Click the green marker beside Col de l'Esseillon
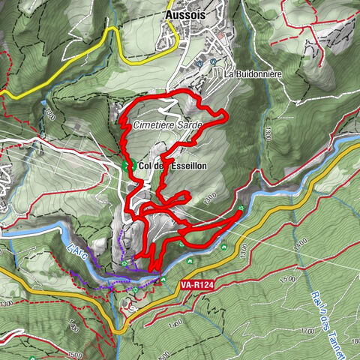pos(127,165)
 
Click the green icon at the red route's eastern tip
pos(241,209)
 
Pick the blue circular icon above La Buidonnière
pos(213,61)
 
